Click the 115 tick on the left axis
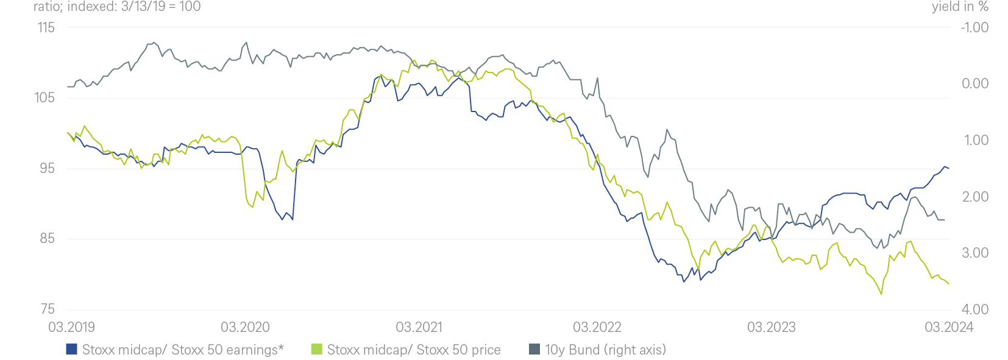(46, 27)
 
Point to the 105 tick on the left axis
(44, 98)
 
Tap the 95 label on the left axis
(47, 168)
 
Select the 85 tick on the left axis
(47, 239)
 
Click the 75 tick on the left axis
(47, 309)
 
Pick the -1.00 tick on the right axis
(974, 27)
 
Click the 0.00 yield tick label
(975, 84)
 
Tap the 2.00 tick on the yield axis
(975, 197)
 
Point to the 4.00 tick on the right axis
(975, 309)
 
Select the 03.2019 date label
(71, 328)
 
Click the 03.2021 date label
(419, 328)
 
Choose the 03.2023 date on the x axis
(771, 328)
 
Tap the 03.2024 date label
(949, 328)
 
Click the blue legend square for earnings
(72, 350)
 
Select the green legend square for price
(316, 350)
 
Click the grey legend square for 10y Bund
(534, 350)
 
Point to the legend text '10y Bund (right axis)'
(605, 350)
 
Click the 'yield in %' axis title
(960, 7)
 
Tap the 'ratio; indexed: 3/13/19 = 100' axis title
(117, 7)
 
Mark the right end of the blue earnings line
(949, 168)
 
